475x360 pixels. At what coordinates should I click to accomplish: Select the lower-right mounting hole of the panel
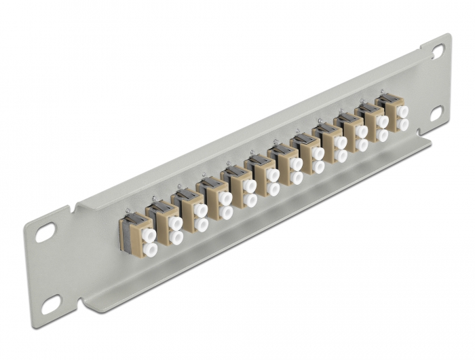tap(436, 113)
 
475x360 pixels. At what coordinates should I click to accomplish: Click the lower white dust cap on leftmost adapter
tap(150, 250)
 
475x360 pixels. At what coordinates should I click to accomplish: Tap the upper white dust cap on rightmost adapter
tap(402, 111)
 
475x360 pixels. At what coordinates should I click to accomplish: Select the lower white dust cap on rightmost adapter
tap(403, 124)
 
